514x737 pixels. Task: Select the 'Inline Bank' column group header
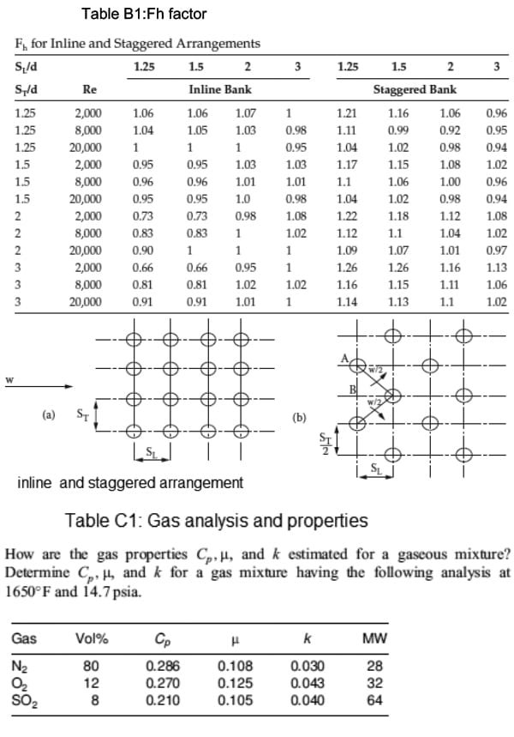pos(213,89)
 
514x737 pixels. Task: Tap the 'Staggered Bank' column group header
pos(415,89)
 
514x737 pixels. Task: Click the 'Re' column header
pos(88,89)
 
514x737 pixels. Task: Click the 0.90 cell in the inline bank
pos(143,251)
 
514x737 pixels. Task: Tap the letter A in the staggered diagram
pos(344,359)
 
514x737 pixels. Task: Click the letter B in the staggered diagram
pos(351,392)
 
